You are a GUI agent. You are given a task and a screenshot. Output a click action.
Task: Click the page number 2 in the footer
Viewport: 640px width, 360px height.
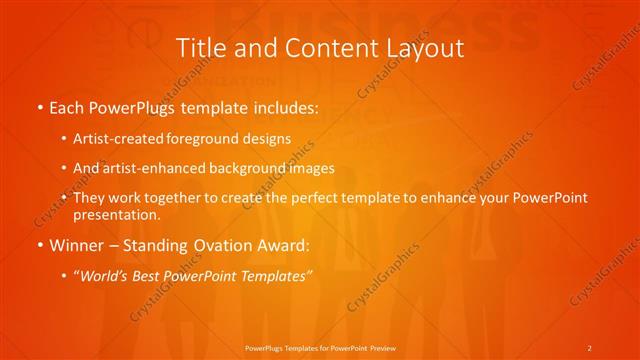[589, 347]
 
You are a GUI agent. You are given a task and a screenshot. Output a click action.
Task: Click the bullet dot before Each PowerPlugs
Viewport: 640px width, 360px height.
[39, 108]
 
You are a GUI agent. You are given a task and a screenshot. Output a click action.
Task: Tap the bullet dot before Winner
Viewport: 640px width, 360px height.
[39, 244]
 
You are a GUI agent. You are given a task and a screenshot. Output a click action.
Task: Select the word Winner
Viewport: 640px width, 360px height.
[77, 244]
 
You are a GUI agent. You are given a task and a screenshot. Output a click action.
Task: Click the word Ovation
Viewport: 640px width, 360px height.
[223, 244]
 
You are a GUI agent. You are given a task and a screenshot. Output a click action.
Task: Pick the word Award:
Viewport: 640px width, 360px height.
[286, 244]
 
